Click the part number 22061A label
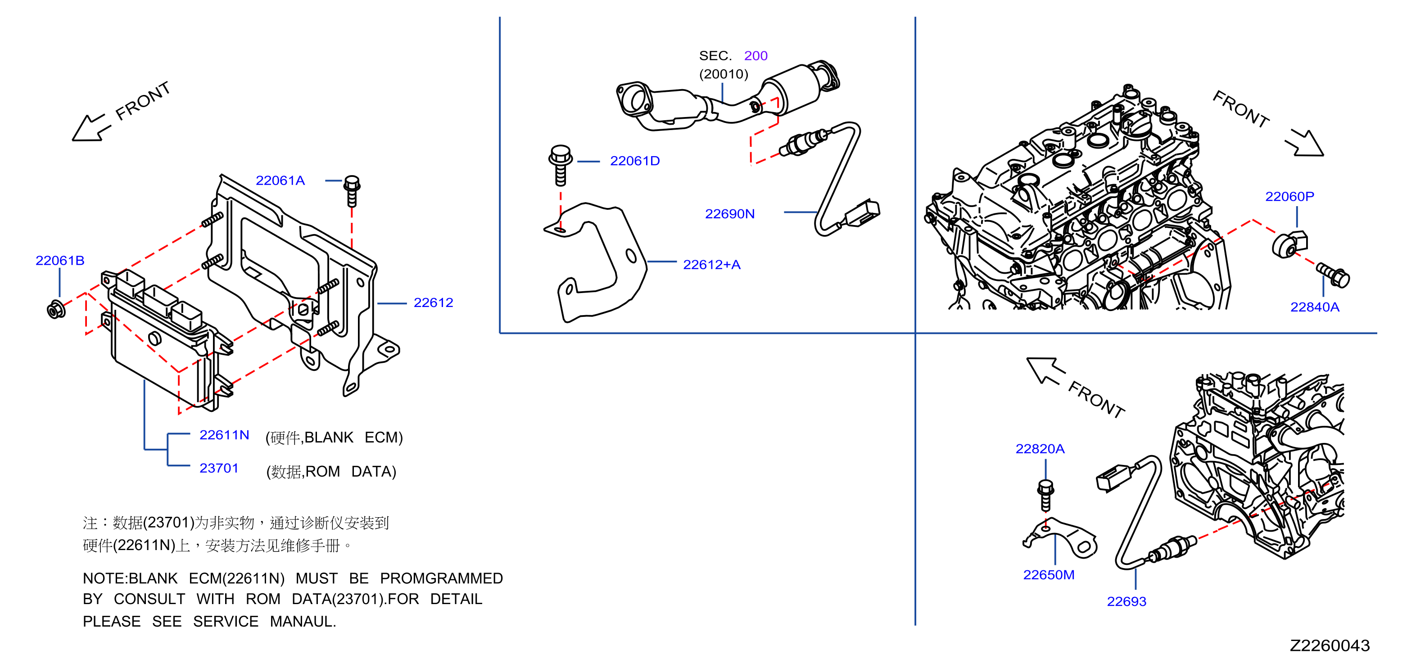click(280, 181)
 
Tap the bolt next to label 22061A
click(352, 191)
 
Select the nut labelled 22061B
click(56, 310)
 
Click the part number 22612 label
click(433, 303)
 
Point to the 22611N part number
click(224, 435)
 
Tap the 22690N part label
click(730, 214)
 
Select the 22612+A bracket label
click(711, 265)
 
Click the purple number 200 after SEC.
click(755, 56)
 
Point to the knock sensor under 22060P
click(1289, 244)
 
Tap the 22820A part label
click(1040, 449)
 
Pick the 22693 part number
click(1126, 602)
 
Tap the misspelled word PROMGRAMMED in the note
click(441, 578)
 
